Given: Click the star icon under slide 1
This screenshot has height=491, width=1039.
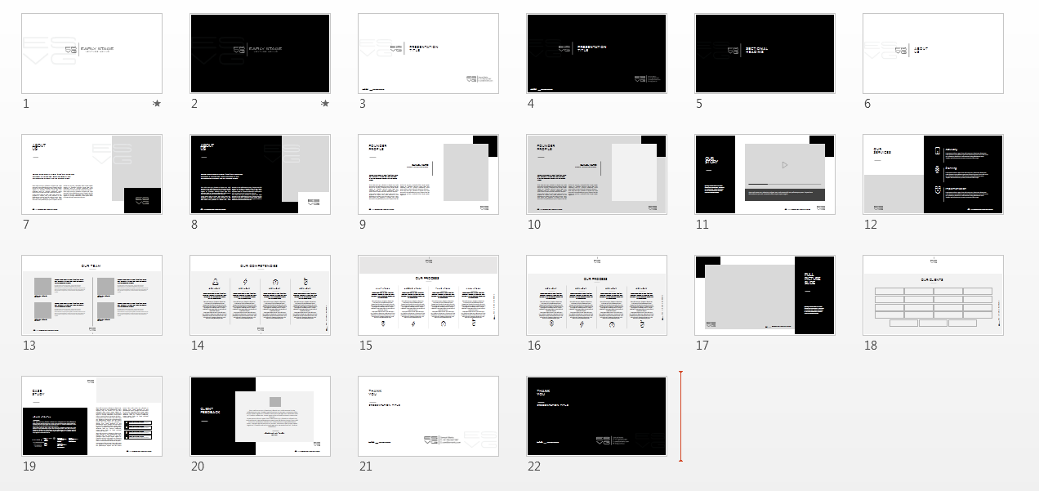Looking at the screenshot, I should point(156,104).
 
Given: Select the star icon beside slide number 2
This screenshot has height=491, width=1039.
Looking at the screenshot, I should point(325,104).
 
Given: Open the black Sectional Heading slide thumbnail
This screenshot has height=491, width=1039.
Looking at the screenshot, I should point(765,53).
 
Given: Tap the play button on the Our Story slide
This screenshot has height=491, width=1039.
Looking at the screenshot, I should point(784,165).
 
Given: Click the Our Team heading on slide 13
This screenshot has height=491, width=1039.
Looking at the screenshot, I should point(91,266).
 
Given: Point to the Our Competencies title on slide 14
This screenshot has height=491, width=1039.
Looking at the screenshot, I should point(259,266).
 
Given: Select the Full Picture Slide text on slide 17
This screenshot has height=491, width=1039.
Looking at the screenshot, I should point(809,279).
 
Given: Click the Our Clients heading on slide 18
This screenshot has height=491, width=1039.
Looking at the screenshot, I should point(932,279).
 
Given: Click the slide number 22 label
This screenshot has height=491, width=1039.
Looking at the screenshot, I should point(534,466).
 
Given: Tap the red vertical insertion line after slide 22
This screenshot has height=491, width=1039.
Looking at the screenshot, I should point(680,417).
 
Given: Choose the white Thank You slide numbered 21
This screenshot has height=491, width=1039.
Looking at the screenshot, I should point(428,416).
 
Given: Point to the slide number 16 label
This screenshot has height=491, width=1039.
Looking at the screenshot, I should point(534,346).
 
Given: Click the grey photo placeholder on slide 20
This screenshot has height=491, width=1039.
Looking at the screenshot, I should point(275,402).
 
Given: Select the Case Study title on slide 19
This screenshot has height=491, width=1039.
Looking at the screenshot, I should point(38,391).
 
